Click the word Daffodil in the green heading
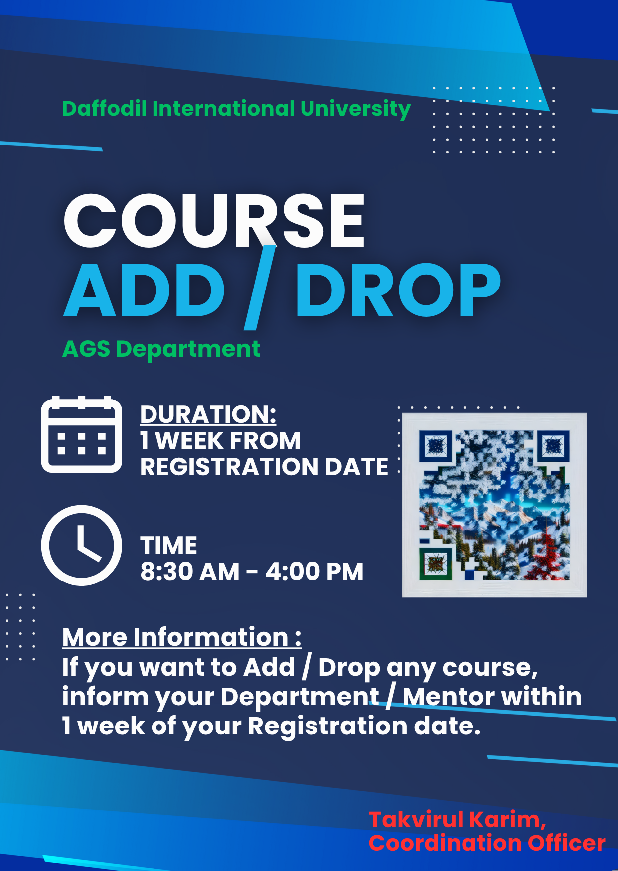[104, 109]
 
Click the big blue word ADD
[145, 290]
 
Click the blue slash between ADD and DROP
[260, 288]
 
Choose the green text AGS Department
[161, 349]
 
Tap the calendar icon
[82, 434]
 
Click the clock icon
[82, 545]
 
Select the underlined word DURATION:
[208, 414]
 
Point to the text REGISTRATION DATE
[264, 467]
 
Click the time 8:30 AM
[190, 571]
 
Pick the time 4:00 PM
[314, 571]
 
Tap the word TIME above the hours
[168, 545]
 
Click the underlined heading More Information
[181, 637]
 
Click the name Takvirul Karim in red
[457, 820]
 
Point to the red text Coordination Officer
[487, 843]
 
